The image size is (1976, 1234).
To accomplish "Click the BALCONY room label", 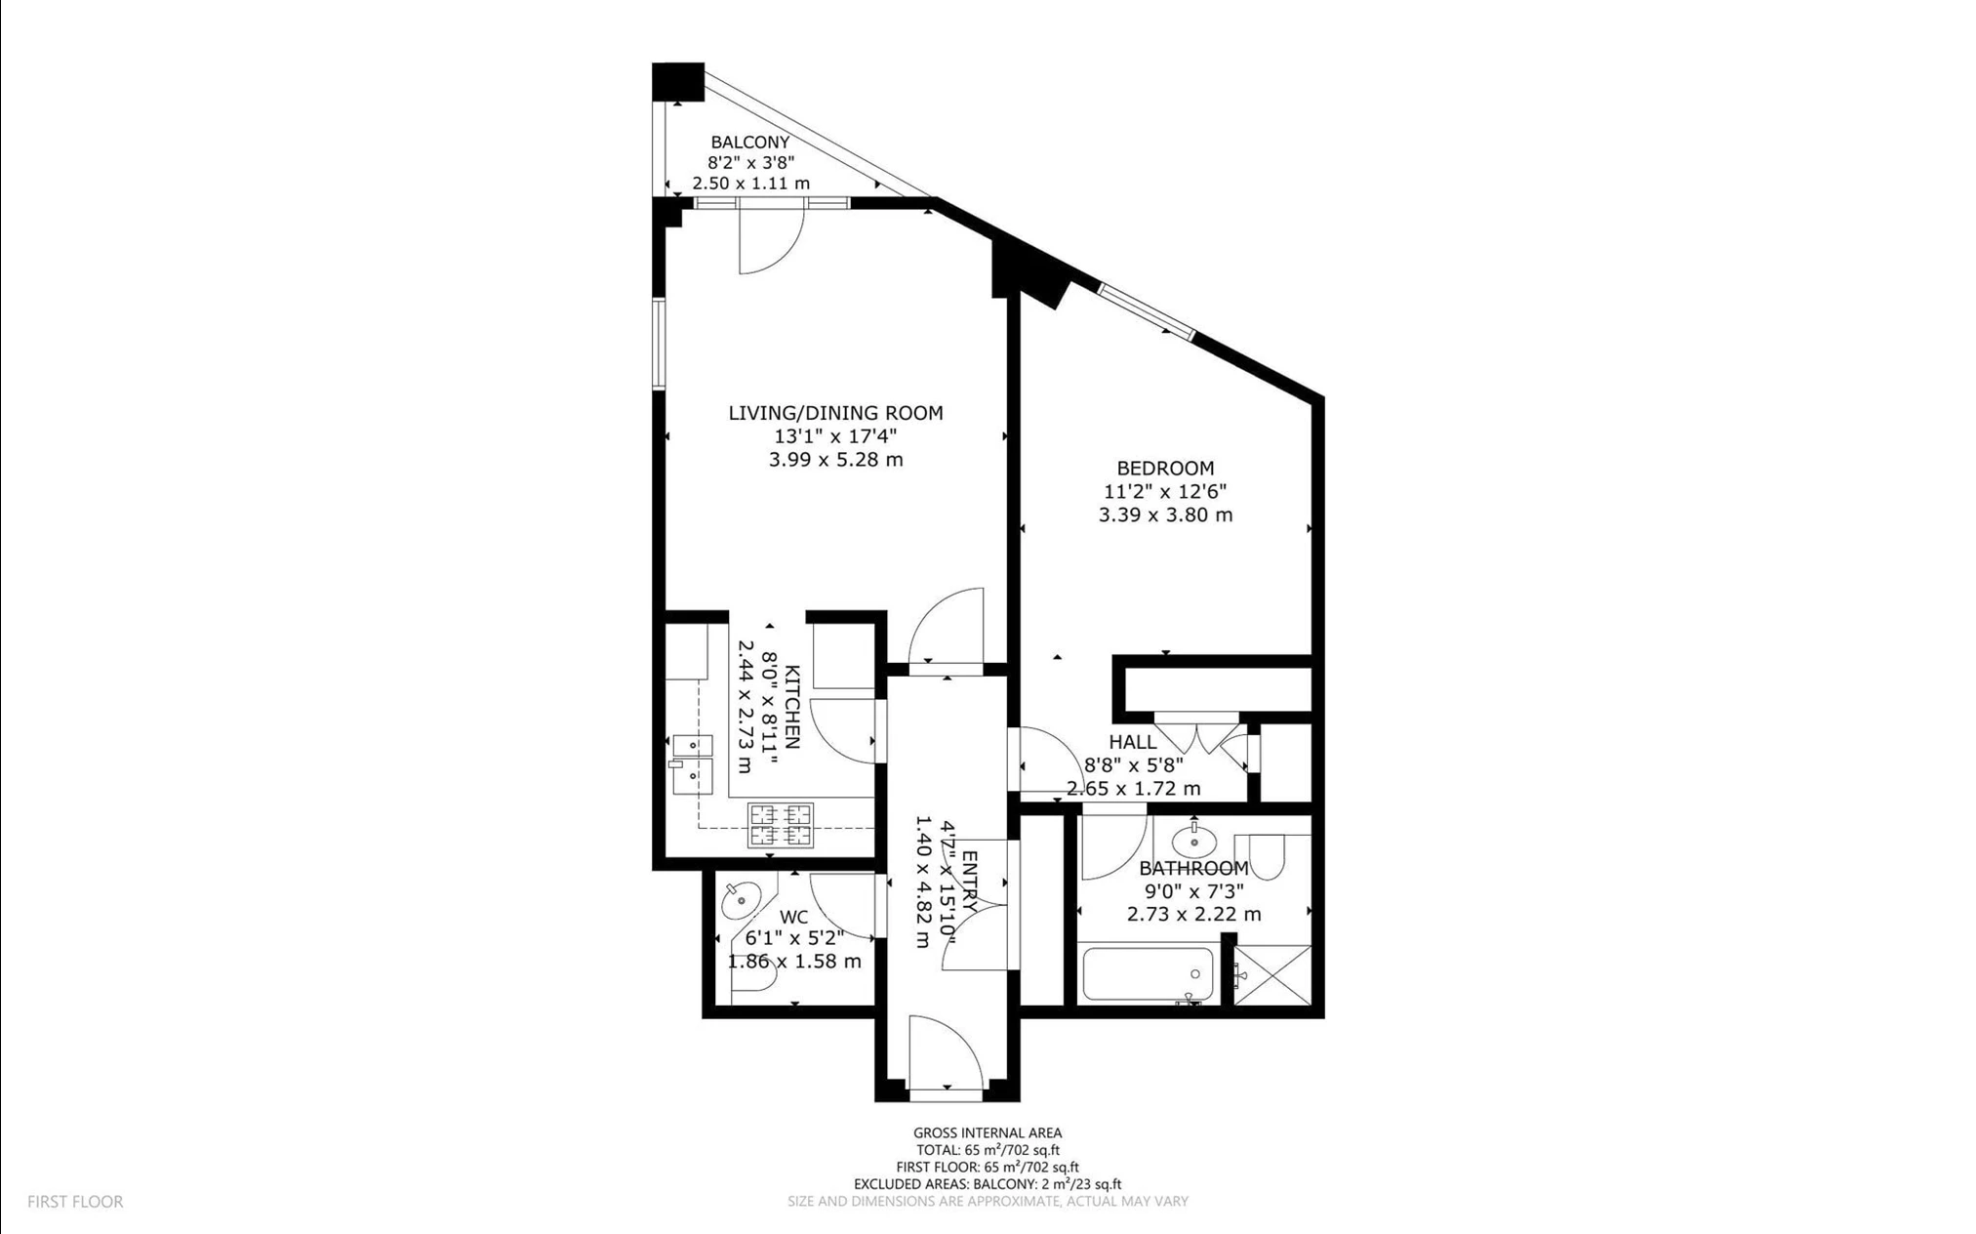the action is (749, 143).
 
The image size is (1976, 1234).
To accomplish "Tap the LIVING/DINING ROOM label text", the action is (835, 413).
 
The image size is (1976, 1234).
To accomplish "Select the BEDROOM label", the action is (1165, 468).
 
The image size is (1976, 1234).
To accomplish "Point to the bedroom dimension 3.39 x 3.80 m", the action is (1165, 514).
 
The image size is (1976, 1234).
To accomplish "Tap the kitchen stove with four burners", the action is (780, 825).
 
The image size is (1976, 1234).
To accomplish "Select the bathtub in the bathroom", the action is (1148, 973).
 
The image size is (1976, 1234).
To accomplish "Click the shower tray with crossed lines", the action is (1272, 975).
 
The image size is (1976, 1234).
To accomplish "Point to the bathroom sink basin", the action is (1192, 840).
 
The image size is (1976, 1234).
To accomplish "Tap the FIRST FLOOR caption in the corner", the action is (75, 1202).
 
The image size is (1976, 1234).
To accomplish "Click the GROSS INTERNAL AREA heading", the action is (988, 1133).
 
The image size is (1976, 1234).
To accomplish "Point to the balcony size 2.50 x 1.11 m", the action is (750, 184).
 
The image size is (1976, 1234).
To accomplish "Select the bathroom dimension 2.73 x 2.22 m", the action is (1193, 915).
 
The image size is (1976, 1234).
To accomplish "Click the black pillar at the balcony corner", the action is (678, 81).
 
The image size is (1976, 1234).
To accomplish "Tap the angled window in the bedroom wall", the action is (1146, 311).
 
